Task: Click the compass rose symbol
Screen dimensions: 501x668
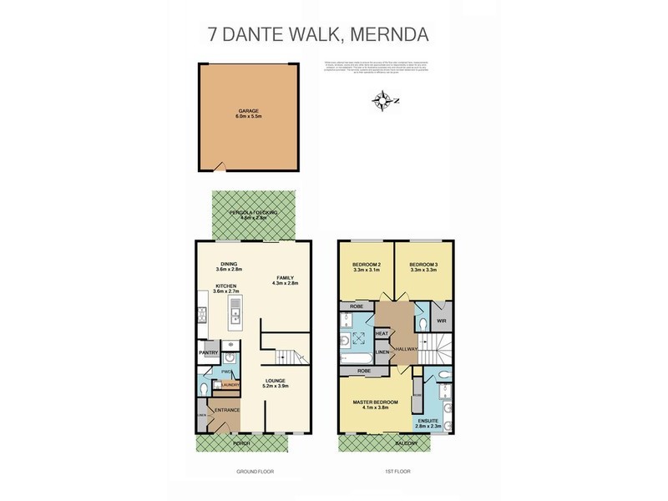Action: [385, 102]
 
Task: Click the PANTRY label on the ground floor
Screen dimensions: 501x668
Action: [208, 353]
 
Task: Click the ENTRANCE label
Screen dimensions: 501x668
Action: [227, 410]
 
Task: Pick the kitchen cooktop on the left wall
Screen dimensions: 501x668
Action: [201, 315]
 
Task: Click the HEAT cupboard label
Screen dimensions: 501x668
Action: [382, 334]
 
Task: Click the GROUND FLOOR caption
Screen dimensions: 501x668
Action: [254, 473]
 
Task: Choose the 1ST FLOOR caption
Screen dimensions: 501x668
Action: [396, 473]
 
